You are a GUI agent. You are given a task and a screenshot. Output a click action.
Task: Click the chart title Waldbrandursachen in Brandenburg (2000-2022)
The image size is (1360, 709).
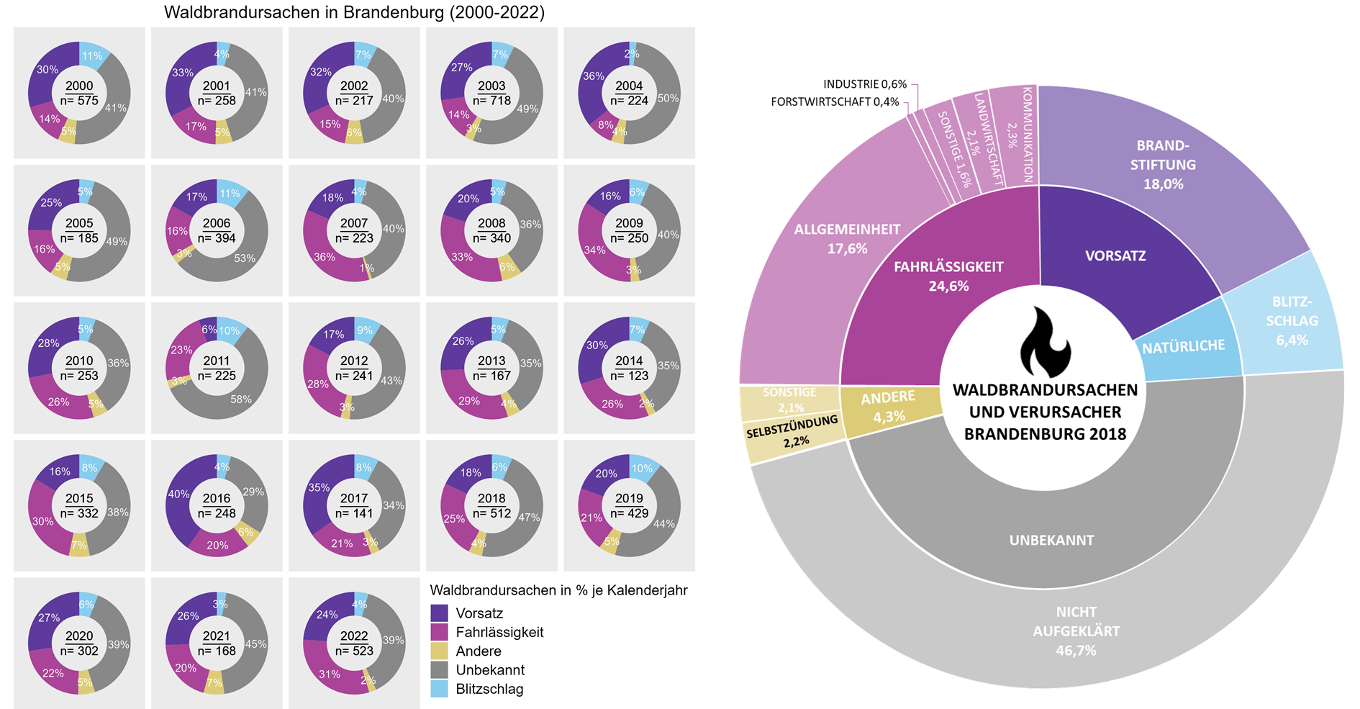pyautogui.click(x=354, y=12)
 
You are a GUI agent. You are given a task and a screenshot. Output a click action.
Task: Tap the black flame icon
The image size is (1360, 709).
pyautogui.click(x=1045, y=343)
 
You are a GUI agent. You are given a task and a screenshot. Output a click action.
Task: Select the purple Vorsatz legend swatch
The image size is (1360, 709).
pyautogui.click(x=439, y=613)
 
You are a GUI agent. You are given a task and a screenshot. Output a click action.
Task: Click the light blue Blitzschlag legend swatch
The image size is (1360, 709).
pyautogui.click(x=439, y=689)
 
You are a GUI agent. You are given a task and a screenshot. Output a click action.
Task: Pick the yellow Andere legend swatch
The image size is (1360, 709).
pyautogui.click(x=439, y=651)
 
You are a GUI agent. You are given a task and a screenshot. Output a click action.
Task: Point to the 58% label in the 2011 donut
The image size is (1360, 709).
pyautogui.click(x=241, y=399)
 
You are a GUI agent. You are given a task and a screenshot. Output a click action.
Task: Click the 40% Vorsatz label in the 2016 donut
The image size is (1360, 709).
pyautogui.click(x=178, y=494)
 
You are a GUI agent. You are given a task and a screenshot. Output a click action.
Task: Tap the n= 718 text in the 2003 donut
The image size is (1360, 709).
pyautogui.click(x=491, y=101)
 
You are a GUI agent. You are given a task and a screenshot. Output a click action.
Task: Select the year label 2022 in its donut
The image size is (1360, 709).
pyautogui.click(x=354, y=636)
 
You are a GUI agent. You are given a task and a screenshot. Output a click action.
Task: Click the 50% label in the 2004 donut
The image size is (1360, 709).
pyautogui.click(x=668, y=98)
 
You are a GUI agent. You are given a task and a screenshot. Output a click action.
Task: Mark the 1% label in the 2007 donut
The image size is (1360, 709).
pyautogui.click(x=367, y=268)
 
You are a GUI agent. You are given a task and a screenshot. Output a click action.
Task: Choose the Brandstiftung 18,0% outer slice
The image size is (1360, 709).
pyautogui.click(x=1163, y=166)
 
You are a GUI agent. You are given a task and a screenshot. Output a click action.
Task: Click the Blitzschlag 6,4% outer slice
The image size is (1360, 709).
pyautogui.click(x=1292, y=321)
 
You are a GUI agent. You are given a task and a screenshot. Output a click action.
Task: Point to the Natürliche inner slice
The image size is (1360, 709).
pyautogui.click(x=1184, y=346)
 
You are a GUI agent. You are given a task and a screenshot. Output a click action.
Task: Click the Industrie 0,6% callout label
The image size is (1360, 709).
pyautogui.click(x=865, y=84)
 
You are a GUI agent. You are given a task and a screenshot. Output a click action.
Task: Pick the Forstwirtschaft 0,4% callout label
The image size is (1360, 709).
pyautogui.click(x=835, y=101)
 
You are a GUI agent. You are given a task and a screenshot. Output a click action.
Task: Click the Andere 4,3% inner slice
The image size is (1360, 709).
pyautogui.click(x=889, y=407)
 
